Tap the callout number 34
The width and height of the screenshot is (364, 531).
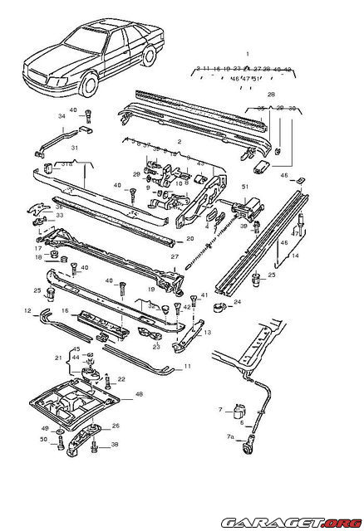[x=61, y=117]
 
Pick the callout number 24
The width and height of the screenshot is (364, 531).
[x=237, y=302]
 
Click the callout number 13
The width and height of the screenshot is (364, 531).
[x=208, y=332]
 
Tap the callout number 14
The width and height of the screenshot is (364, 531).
[x=294, y=256]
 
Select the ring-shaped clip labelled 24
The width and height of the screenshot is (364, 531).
[x=222, y=307]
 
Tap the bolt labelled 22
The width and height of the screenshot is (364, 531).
[x=109, y=382]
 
